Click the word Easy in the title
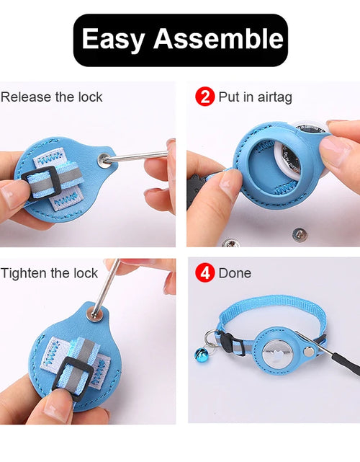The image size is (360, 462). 113,39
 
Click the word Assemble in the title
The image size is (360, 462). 218,38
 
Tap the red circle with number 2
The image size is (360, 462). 205,97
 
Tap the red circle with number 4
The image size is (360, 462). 205,272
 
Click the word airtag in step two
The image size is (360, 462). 274,97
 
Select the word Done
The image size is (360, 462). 235,273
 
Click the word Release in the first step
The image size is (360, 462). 26,97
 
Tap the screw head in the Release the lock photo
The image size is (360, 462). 104,160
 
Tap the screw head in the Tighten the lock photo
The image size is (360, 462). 95,313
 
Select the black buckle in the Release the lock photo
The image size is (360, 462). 42,183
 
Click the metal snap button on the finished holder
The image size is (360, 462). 308,351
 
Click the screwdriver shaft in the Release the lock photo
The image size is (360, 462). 137,156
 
